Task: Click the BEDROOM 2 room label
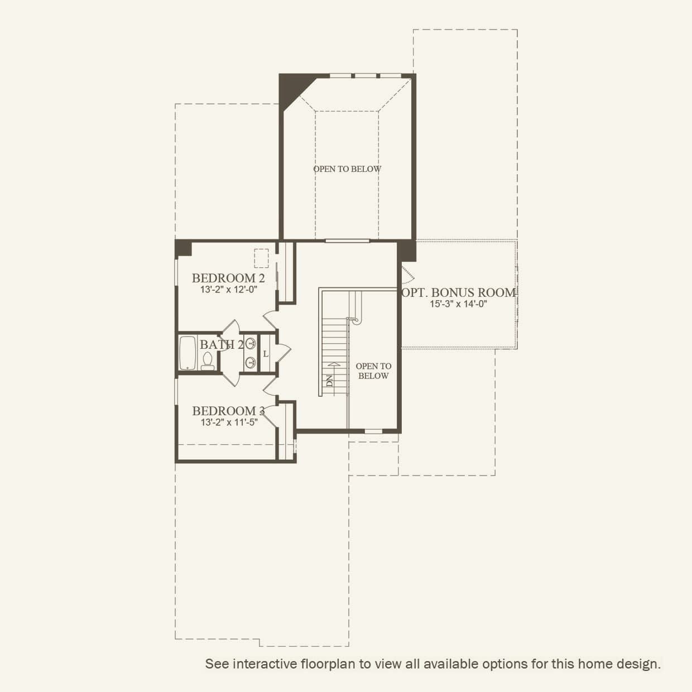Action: click(x=228, y=278)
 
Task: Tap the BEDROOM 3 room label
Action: click(x=228, y=411)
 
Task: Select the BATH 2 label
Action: click(x=222, y=344)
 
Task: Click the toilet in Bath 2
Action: click(x=208, y=361)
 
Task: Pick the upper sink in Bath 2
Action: click(x=251, y=343)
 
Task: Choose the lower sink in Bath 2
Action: click(x=251, y=362)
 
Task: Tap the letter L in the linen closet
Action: click(x=266, y=354)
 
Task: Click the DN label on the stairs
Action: click(x=329, y=381)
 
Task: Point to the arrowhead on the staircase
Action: click(x=334, y=364)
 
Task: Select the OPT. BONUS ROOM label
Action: click(x=459, y=292)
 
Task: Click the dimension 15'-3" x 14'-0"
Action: click(x=459, y=304)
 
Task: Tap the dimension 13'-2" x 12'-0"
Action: click(x=229, y=290)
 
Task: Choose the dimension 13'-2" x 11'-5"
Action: click(x=229, y=422)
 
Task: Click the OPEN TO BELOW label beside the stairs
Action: click(x=373, y=371)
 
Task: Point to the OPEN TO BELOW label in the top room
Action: click(x=347, y=169)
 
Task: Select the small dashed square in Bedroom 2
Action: click(x=261, y=258)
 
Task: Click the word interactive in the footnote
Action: click(x=265, y=664)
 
